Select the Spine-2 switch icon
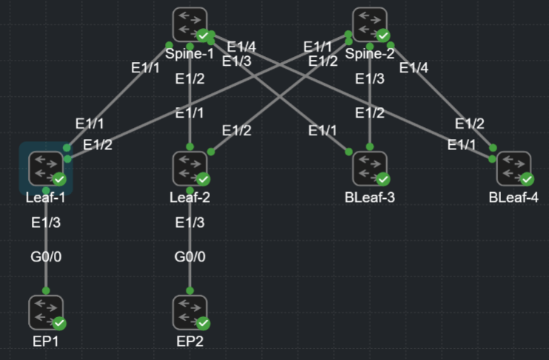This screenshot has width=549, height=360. (x=371, y=24)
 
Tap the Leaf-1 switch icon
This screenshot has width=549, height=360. (x=47, y=168)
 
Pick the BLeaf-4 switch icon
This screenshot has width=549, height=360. (x=514, y=168)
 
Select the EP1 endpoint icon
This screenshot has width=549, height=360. (x=47, y=313)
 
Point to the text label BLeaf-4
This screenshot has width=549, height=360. (x=513, y=197)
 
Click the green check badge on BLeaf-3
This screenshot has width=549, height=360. (x=383, y=179)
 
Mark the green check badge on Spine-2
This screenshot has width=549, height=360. (x=383, y=35)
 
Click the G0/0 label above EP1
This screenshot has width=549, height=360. (x=46, y=257)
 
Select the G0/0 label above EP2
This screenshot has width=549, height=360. (x=190, y=257)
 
